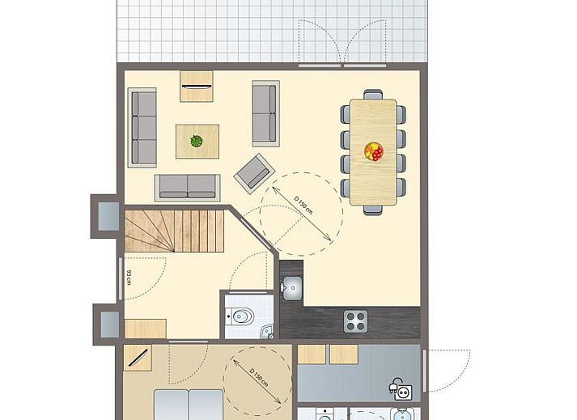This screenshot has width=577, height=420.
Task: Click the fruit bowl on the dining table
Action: point(374,151)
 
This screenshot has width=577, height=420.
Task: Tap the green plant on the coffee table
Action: point(197,141)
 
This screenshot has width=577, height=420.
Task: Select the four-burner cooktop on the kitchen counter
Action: point(356,321)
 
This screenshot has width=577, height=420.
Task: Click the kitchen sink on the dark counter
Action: point(293,287)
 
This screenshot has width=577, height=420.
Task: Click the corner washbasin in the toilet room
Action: point(267,331)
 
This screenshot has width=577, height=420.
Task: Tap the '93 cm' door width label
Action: point(129,278)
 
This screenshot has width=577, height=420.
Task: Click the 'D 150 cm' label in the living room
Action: point(303,206)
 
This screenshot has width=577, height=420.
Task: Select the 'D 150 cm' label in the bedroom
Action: point(259,377)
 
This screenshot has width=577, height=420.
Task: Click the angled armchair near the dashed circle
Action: point(255,173)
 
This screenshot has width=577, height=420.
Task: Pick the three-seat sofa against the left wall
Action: point(142,127)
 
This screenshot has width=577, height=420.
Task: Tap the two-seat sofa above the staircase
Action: point(188,188)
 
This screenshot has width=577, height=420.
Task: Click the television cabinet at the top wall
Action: point(197,86)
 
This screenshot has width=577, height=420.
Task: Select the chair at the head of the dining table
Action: point(373,94)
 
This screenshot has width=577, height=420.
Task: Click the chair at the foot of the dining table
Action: point(373,210)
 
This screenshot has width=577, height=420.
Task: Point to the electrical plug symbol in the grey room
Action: point(401,389)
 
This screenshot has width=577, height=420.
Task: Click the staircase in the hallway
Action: point(175,231)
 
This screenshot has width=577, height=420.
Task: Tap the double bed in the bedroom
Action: point(189,405)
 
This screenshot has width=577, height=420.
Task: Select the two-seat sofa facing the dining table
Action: point(265,113)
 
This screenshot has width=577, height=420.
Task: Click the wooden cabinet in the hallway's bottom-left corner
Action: point(146,329)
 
